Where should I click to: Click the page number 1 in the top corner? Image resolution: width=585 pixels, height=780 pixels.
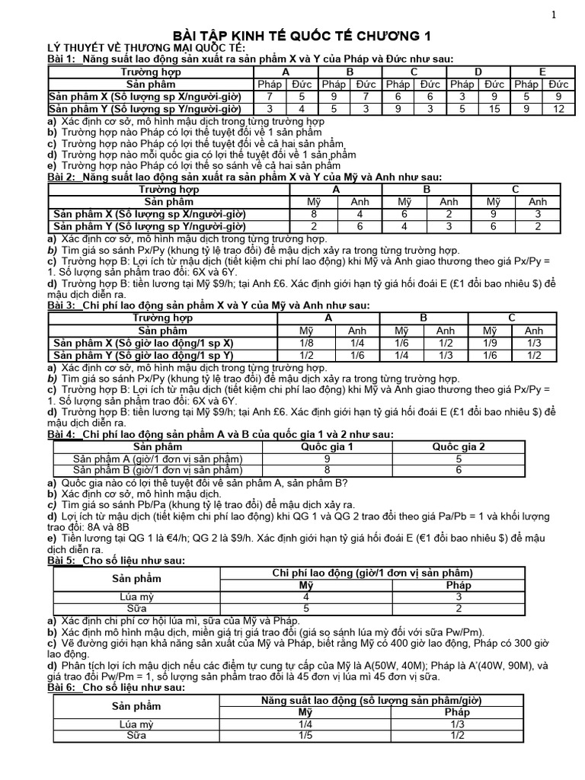pyautogui.click(x=554, y=14)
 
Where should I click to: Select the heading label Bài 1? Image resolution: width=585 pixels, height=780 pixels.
pyautogui.click(x=63, y=59)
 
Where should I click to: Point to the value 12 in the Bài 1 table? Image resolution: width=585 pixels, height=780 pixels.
pyautogui.click(x=558, y=109)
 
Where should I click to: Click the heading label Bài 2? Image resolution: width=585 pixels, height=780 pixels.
pyautogui.click(x=63, y=177)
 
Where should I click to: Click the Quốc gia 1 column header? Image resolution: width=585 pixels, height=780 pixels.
pyautogui.click(x=328, y=446)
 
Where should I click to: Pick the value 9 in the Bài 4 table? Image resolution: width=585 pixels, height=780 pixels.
pyautogui.click(x=328, y=459)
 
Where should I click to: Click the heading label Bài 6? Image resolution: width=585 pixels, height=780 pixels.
pyautogui.click(x=63, y=687)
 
